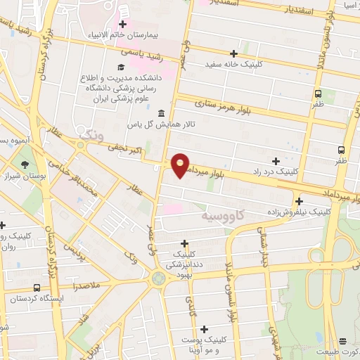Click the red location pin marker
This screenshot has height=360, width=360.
coord(181,165)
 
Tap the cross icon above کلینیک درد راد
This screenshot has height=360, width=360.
coord(275,161)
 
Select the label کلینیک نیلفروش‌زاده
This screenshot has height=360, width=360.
coord(299,211)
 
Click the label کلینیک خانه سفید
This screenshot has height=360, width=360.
coord(234,63)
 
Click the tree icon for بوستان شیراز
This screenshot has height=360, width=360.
coord(26,164)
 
